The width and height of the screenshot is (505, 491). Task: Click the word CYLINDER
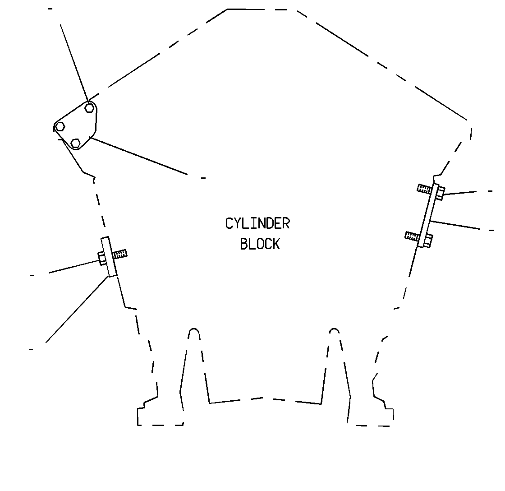point(257,224)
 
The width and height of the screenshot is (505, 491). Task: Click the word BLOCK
point(260,244)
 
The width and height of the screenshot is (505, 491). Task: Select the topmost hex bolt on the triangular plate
point(90,108)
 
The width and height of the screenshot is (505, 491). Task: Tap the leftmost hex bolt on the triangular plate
point(60,127)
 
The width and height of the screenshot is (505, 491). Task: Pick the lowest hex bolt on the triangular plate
point(75,143)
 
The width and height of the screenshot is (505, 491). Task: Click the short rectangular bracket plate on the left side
point(109,257)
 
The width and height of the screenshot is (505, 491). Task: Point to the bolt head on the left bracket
point(102,259)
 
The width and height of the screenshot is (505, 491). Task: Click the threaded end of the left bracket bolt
point(120,254)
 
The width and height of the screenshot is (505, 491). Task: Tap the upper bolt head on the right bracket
point(440,194)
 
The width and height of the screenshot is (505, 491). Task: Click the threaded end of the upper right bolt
point(424,189)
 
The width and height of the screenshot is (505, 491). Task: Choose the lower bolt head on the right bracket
point(427,241)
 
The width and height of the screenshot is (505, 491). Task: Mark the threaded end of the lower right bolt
point(412,236)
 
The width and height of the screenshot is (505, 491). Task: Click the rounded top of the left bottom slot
point(193,332)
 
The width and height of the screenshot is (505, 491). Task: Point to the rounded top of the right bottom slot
point(334,331)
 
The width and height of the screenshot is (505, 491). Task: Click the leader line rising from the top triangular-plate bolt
point(74,63)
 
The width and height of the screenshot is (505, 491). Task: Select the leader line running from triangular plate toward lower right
point(138,156)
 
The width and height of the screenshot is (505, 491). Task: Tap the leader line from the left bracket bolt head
point(74,266)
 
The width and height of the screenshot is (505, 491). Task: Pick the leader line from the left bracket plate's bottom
point(77,309)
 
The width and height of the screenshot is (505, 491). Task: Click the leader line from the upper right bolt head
point(460,193)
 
